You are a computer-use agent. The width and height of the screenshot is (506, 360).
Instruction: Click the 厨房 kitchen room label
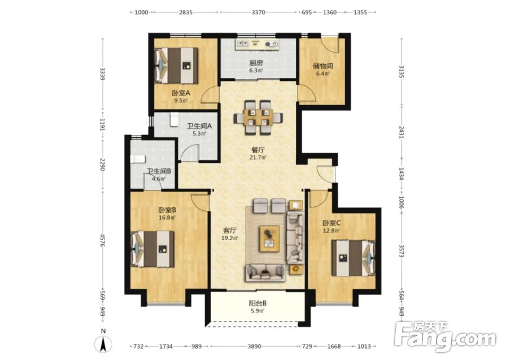[x=256, y=63]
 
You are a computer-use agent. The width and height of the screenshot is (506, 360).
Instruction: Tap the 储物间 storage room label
[x=322, y=66]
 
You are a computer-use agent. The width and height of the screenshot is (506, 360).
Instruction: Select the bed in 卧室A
[x=176, y=66]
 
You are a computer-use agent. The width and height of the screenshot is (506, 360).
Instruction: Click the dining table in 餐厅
[x=258, y=118]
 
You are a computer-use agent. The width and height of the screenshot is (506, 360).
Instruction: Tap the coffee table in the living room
[x=269, y=238]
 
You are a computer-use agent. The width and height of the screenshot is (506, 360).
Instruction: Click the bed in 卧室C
[x=353, y=258]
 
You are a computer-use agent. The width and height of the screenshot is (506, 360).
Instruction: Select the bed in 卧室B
[x=152, y=249]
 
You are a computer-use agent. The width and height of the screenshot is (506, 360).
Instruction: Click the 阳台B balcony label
[x=257, y=303]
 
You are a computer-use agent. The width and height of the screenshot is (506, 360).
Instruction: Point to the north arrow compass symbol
[x=103, y=343]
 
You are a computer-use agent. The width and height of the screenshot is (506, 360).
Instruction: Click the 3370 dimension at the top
[x=258, y=12]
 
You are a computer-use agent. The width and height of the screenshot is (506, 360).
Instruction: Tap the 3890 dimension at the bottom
[x=254, y=346]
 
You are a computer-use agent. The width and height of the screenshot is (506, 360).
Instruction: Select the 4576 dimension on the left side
[x=102, y=241]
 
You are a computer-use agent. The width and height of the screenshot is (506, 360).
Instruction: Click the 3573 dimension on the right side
[x=402, y=251]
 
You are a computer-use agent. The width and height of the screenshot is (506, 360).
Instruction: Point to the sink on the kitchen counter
[x=242, y=44]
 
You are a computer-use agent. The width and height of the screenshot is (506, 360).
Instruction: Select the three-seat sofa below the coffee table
[x=266, y=272]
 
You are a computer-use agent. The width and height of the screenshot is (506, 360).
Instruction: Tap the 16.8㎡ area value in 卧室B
[x=167, y=217]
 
